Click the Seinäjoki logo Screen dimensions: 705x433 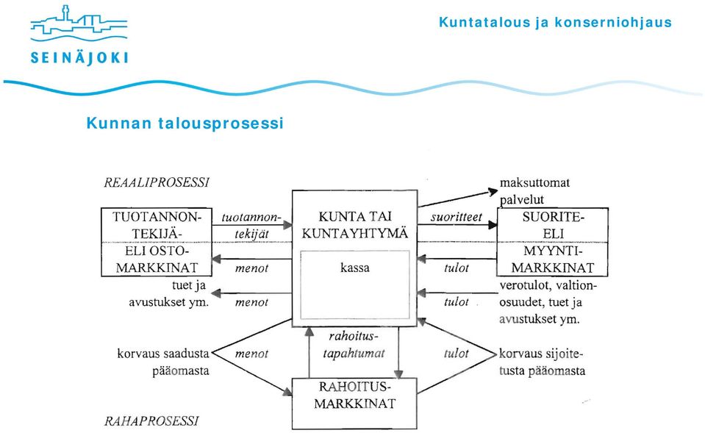(x=79, y=35)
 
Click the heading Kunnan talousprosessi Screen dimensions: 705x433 (x=185, y=124)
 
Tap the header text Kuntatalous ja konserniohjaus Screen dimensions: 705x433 (x=555, y=22)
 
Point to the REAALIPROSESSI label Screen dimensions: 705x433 (x=157, y=182)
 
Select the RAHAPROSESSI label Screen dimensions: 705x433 (x=151, y=421)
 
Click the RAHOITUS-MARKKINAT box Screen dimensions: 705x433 (x=354, y=404)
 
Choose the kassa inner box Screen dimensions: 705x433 (x=355, y=285)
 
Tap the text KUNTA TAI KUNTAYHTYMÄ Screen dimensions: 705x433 (x=355, y=225)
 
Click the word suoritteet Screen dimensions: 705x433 (x=456, y=217)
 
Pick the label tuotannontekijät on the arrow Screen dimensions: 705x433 (x=251, y=226)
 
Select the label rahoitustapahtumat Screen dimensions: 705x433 (x=354, y=345)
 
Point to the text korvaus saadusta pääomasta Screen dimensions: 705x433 (x=163, y=362)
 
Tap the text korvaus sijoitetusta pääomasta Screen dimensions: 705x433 (x=543, y=362)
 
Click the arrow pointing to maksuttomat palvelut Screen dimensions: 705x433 (x=458, y=198)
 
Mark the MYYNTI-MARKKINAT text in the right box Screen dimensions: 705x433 (x=553, y=260)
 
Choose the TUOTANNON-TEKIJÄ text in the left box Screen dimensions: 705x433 (x=157, y=225)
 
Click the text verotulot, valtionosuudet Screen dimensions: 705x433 (x=548, y=293)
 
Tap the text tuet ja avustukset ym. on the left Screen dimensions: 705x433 (x=169, y=293)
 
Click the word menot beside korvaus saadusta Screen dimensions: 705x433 (x=251, y=354)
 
